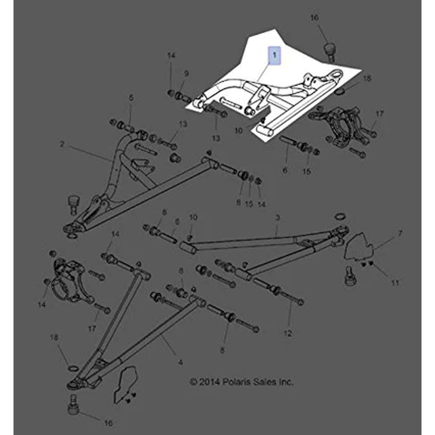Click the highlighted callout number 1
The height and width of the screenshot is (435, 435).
[274, 55]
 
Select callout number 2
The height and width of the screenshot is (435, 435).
[62, 144]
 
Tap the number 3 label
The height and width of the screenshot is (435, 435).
[278, 217]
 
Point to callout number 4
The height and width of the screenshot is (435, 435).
[181, 362]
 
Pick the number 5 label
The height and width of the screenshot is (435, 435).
[131, 97]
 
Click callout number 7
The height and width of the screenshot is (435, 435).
[399, 234]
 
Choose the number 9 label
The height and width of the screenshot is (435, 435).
[187, 74]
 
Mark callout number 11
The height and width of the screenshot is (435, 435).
[395, 283]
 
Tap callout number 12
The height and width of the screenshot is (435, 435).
[288, 333]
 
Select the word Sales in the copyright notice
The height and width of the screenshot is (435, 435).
[264, 382]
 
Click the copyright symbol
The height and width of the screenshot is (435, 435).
[194, 382]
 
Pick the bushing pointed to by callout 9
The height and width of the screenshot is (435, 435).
[180, 96]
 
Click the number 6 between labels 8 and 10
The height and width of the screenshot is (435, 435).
[177, 222]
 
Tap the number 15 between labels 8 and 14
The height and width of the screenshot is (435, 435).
[249, 204]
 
